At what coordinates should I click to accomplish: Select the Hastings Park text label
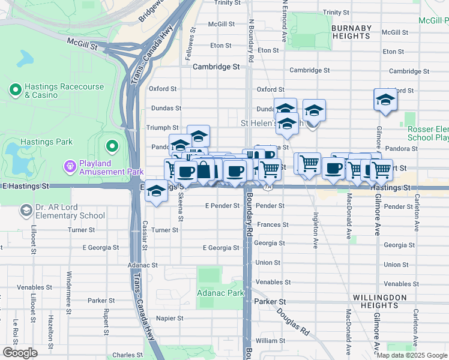tap(46, 142)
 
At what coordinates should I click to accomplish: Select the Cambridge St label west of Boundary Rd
tap(215, 67)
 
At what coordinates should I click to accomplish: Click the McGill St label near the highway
tap(82, 43)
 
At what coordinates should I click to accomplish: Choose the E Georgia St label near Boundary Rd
tap(220, 248)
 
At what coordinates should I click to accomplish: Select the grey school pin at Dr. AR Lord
tap(26, 211)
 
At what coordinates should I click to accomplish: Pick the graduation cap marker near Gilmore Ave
tap(385, 100)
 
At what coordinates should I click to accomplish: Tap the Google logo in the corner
tap(20, 353)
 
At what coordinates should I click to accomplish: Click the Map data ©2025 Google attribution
tap(412, 355)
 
